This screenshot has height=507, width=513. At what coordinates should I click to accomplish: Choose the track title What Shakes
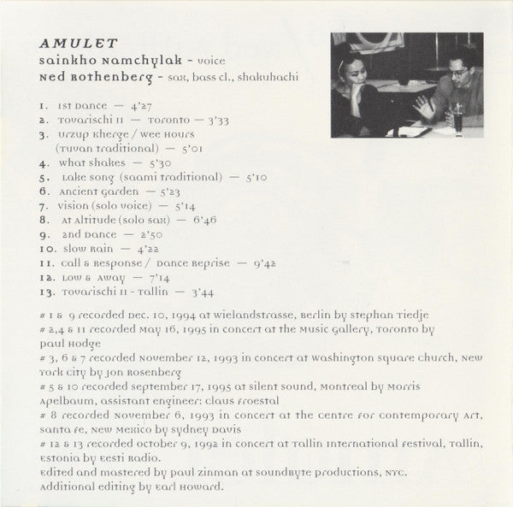pyautogui.click(x=92, y=162)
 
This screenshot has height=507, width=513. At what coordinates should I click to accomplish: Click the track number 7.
pyautogui.click(x=43, y=206)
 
